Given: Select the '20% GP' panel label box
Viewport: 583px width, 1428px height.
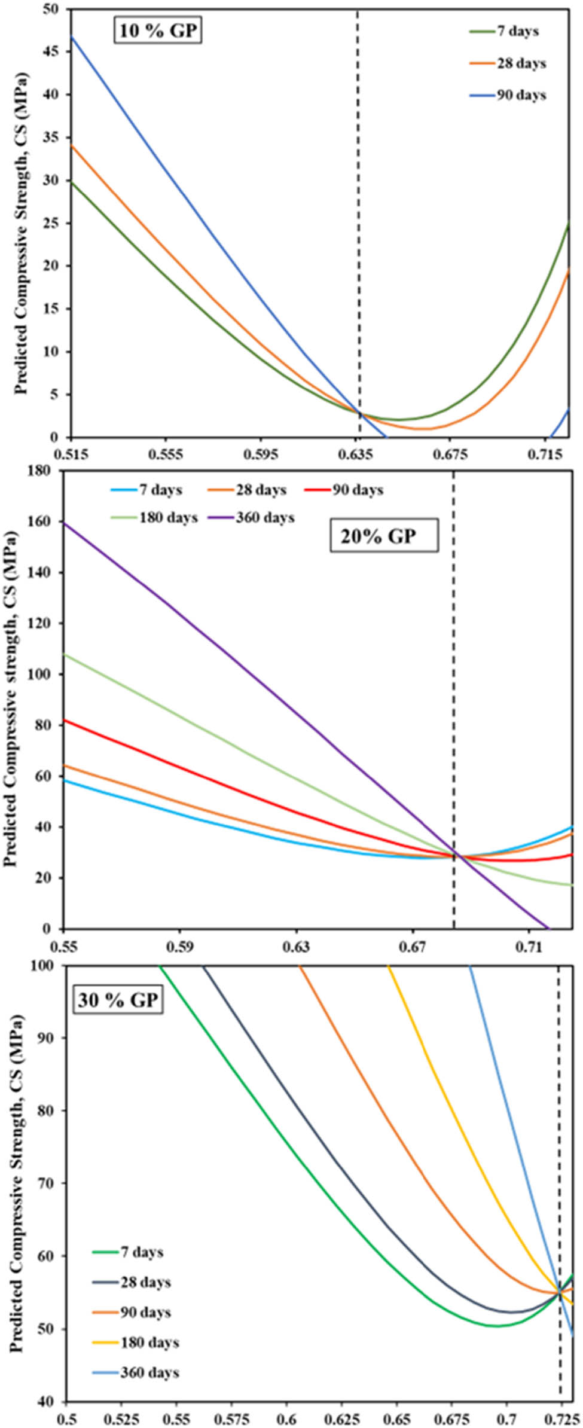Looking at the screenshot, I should [384, 536].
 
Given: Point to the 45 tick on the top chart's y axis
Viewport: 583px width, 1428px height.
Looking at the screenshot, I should [54, 52].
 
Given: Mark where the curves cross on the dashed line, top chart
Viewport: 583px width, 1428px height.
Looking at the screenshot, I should [359, 413].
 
